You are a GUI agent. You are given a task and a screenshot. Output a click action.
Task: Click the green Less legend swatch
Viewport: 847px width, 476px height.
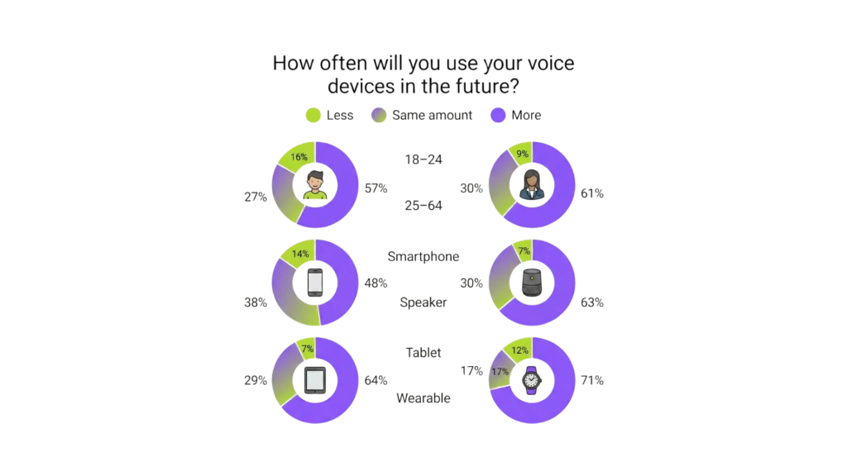tap(313, 116)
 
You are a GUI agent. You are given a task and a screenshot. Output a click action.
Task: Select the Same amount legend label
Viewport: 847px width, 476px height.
tap(433, 116)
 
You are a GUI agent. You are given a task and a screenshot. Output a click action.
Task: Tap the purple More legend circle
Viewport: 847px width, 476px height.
tap(499, 116)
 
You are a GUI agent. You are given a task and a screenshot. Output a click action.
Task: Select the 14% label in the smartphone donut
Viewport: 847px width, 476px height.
tap(299, 255)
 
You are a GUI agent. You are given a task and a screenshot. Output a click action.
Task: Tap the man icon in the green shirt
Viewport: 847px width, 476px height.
tap(315, 183)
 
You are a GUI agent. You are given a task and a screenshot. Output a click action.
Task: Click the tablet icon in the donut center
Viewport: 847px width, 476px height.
tap(315, 379)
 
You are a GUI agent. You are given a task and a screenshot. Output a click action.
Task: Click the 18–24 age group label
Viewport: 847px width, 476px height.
tap(423, 159)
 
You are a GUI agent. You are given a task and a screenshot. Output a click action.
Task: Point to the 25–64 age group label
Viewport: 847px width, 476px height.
tap(423, 206)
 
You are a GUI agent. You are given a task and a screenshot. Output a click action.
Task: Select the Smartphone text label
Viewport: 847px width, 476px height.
tap(423, 256)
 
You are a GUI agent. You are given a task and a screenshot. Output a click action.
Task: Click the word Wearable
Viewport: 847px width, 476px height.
tap(423, 397)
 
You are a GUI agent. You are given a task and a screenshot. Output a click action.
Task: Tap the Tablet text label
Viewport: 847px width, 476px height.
tap(423, 352)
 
